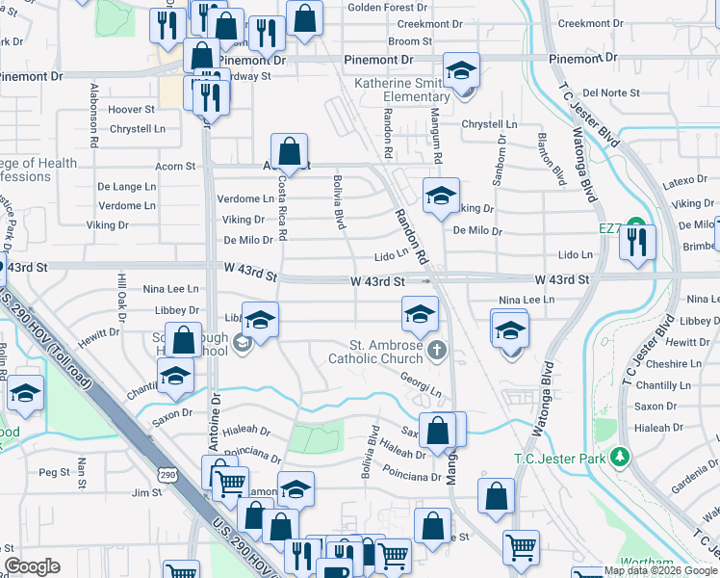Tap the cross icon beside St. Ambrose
coord(437,349)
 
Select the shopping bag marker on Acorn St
coord(289,151)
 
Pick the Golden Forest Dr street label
coord(379,8)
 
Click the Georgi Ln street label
coord(421,385)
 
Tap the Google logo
coord(32,566)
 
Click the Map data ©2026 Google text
coord(660,570)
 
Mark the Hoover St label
coord(131,110)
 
